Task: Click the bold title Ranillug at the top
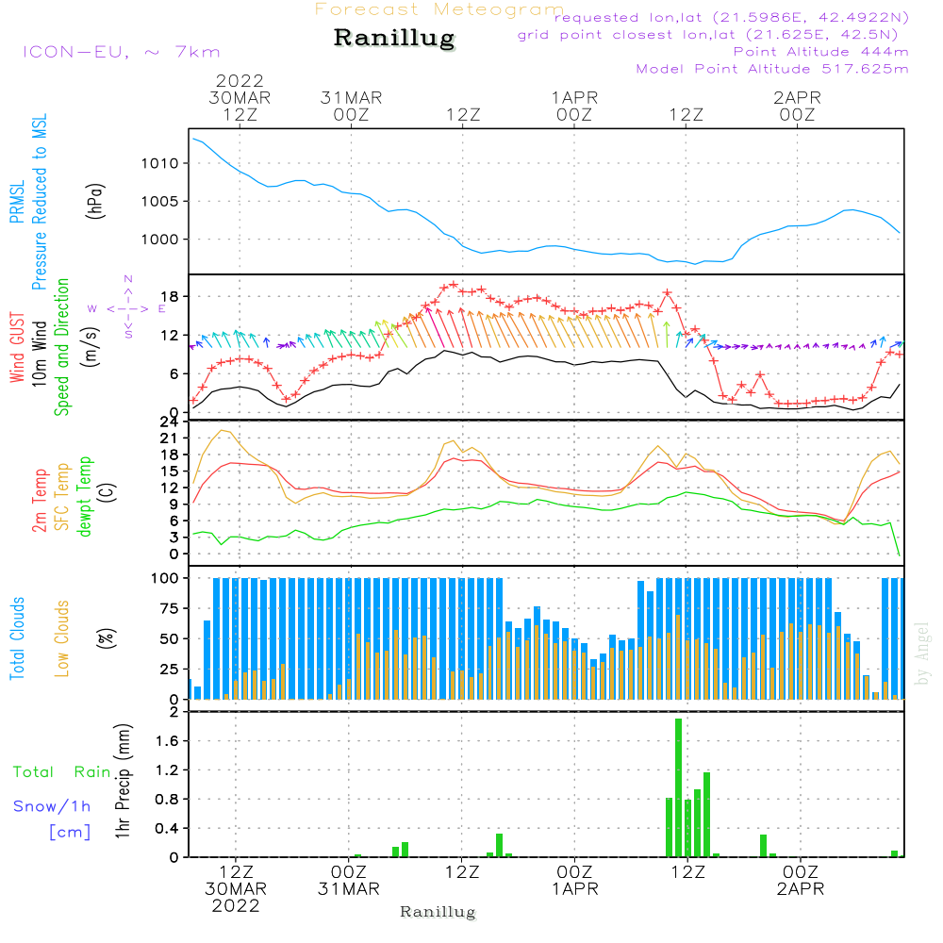pyautogui.click(x=394, y=39)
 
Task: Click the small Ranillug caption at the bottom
pyautogui.click(x=438, y=912)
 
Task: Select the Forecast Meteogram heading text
pyautogui.click(x=438, y=9)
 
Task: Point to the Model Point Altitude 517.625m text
pyautogui.click(x=772, y=69)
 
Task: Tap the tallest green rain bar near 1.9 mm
pyautogui.click(x=678, y=787)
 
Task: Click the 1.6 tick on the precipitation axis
pyautogui.click(x=167, y=741)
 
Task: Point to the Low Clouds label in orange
pyautogui.click(x=63, y=638)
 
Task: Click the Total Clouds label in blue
pyautogui.click(x=18, y=638)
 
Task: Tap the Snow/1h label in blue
pyautogui.click(x=52, y=805)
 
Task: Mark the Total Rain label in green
pyautogui.click(x=62, y=771)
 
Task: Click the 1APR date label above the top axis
pyautogui.click(x=573, y=97)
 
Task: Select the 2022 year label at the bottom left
pyautogui.click(x=236, y=906)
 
